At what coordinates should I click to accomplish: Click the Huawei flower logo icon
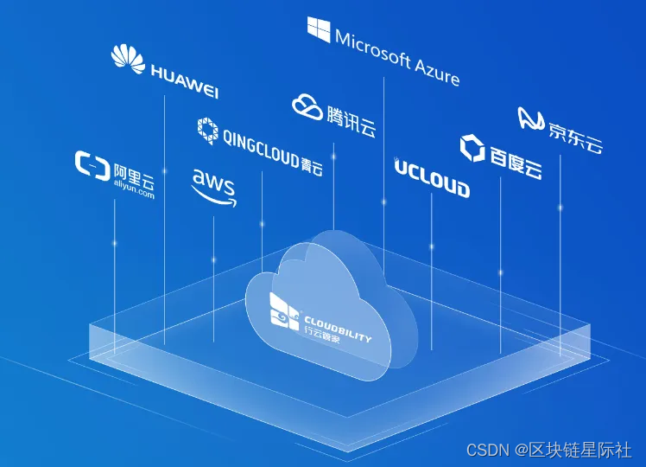click(128, 58)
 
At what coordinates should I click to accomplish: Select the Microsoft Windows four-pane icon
click(319, 29)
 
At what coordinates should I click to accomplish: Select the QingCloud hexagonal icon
click(207, 129)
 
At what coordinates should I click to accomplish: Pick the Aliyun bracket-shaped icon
click(92, 163)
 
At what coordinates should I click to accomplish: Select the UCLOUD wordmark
click(432, 179)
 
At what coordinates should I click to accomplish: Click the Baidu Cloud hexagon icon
click(472, 148)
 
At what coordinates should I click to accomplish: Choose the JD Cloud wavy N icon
click(530, 119)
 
